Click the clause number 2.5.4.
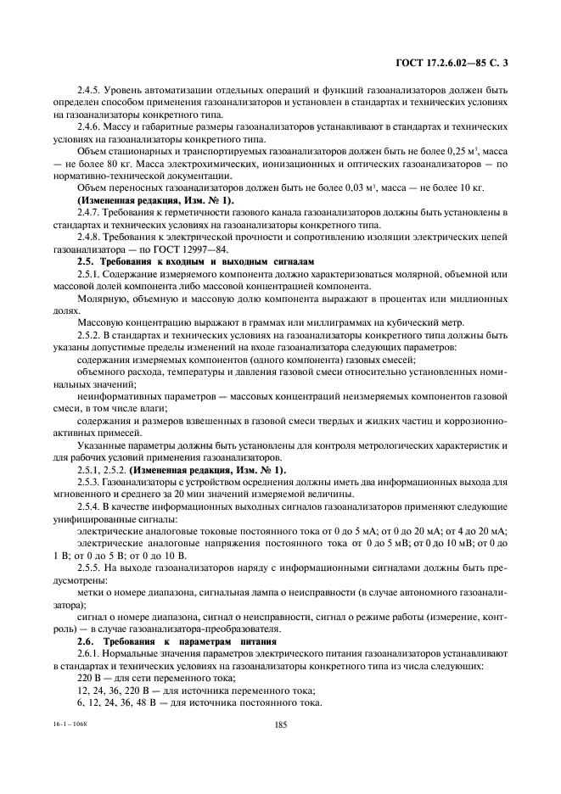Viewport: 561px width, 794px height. click(x=90, y=508)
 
